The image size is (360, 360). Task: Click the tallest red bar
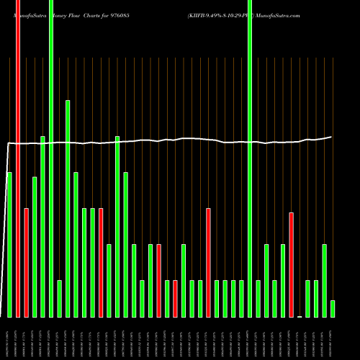pyautogui.click(x=18, y=158)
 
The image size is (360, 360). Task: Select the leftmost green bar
pyautogui.click(x=9, y=245)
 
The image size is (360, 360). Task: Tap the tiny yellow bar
pyautogui.click(x=300, y=316)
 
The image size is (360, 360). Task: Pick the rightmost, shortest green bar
pyautogui.click(x=333, y=309)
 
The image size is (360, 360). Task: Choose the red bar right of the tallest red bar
pyautogui.click(x=27, y=263)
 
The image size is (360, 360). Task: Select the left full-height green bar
pyautogui.click(x=51, y=158)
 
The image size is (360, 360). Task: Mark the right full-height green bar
pyautogui.click(x=250, y=158)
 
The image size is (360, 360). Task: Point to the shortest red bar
pyautogui.click(x=175, y=299)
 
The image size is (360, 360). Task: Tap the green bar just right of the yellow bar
pyautogui.click(x=308, y=299)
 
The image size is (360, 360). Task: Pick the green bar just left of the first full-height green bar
pyautogui.click(x=42, y=227)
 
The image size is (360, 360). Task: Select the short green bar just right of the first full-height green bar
pyautogui.click(x=60, y=299)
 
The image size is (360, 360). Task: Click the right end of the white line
pyautogui.click(x=331, y=137)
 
